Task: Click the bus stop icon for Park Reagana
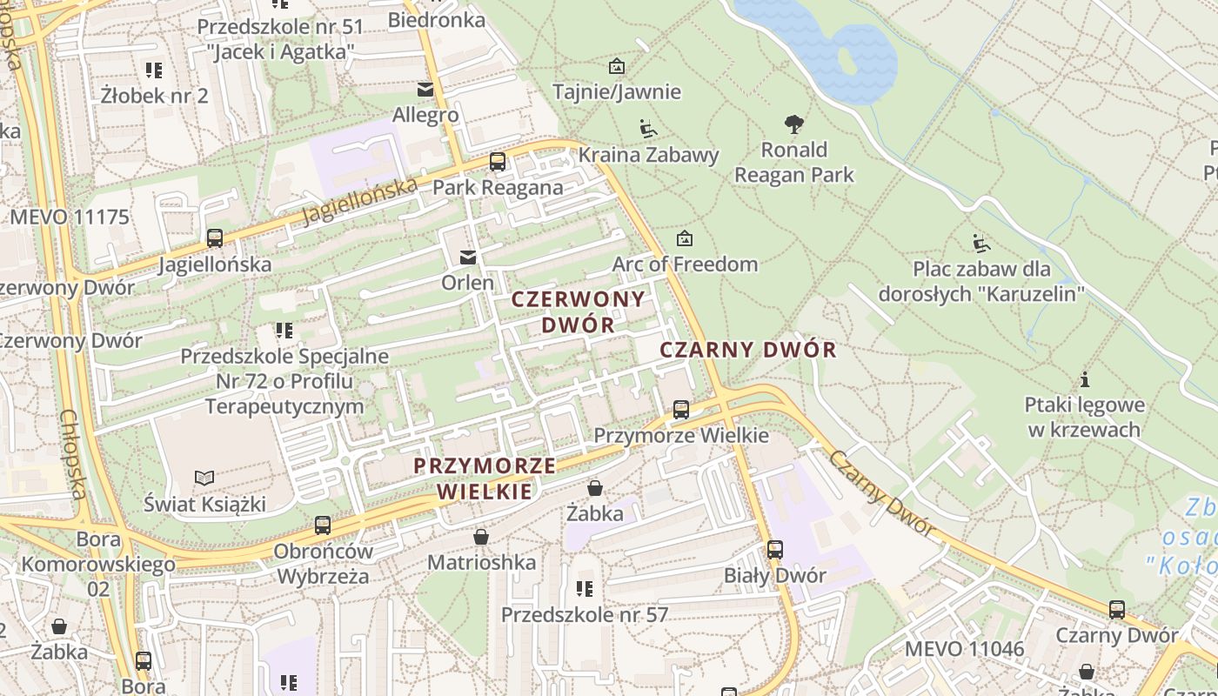(x=498, y=161)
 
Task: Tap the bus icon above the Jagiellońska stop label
(x=215, y=238)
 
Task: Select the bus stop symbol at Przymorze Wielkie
(x=681, y=409)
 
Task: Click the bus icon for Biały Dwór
(x=775, y=550)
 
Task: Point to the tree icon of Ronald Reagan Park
(x=793, y=124)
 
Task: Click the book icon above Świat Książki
(x=204, y=478)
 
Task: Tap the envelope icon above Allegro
(x=425, y=89)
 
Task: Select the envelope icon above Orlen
(x=468, y=257)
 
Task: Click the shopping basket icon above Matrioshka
(x=481, y=537)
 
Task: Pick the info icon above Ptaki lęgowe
(x=1084, y=379)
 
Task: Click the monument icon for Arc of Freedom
(x=685, y=238)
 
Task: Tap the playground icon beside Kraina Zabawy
(x=648, y=130)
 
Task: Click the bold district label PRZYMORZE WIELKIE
(x=485, y=478)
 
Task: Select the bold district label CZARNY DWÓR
(x=748, y=350)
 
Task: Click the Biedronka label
(x=437, y=19)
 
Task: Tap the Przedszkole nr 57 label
(x=585, y=614)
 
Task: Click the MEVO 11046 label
(x=965, y=648)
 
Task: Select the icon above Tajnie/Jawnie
(x=617, y=66)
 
